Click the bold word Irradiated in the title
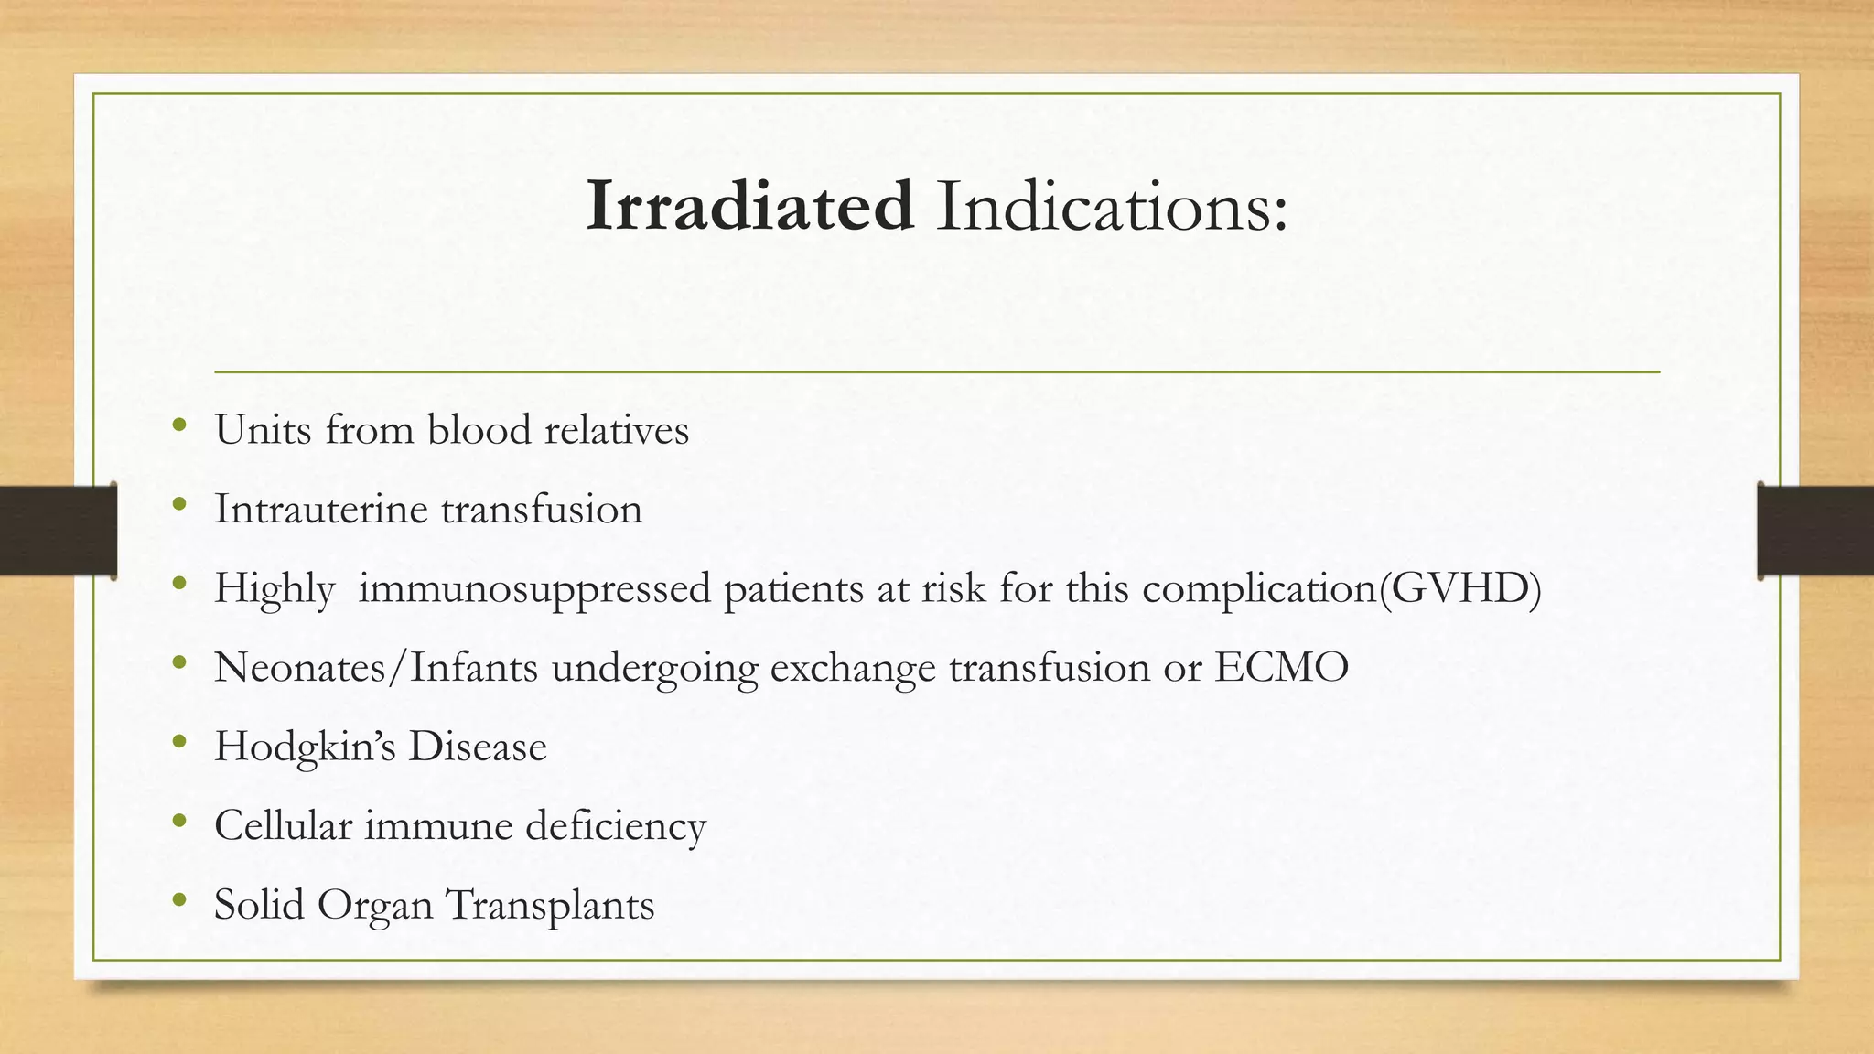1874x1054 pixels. click(749, 205)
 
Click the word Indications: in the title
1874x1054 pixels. click(1111, 205)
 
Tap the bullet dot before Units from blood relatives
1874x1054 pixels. click(179, 425)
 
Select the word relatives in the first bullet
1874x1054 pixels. click(616, 429)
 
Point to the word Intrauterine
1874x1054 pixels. click(320, 509)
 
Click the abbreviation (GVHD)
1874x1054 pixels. click(1459, 587)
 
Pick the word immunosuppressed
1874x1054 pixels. click(534, 588)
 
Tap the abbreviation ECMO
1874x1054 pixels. click(1281, 667)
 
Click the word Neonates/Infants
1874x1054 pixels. click(376, 667)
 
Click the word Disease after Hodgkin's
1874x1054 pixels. click(477, 747)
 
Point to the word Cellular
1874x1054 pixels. click(283, 825)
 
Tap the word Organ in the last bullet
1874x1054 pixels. click(374, 905)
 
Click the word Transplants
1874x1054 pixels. click(549, 905)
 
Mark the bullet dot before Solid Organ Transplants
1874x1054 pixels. click(179, 900)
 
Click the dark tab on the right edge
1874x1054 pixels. click(1815, 531)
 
